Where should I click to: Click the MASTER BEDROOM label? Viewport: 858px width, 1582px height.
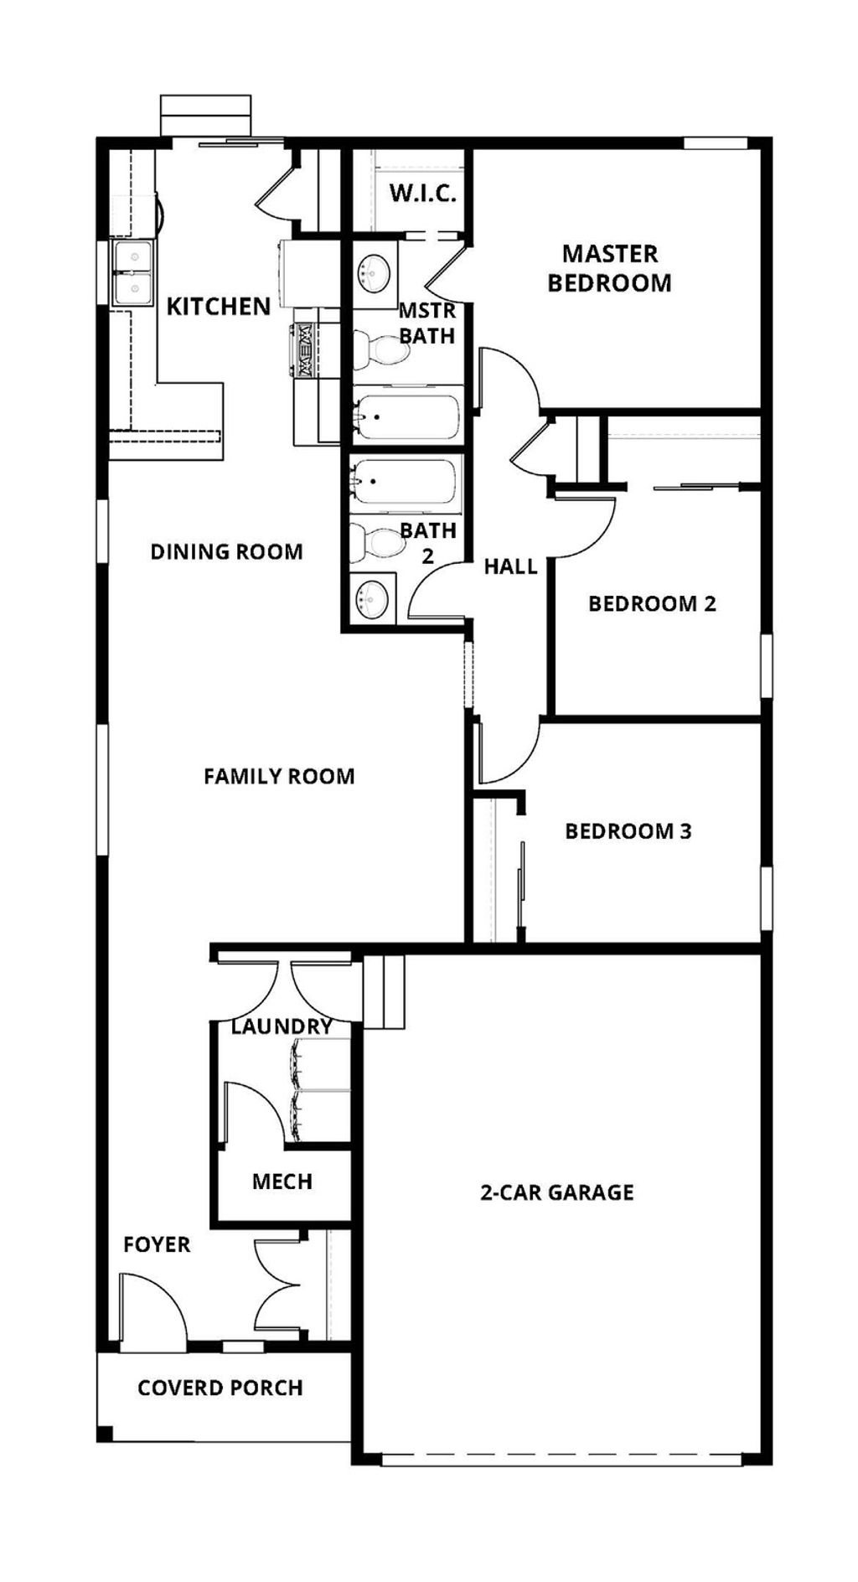[x=609, y=268]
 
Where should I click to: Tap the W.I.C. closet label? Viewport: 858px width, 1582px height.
[x=422, y=194]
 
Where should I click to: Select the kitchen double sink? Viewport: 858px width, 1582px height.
[x=132, y=272]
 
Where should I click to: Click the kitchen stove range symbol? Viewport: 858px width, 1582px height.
[x=304, y=351]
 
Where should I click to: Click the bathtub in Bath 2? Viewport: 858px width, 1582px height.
[x=406, y=483]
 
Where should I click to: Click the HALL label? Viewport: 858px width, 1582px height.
[x=510, y=566]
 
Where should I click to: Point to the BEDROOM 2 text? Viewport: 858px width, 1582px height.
[x=652, y=603]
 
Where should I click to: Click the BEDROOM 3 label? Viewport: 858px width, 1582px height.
[x=628, y=831]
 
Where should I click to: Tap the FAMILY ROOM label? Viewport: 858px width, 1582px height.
[x=279, y=776]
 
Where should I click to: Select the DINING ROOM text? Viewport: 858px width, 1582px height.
[x=226, y=551]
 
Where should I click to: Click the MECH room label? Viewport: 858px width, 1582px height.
[x=282, y=1181]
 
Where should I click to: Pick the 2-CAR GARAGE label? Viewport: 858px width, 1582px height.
[x=556, y=1192]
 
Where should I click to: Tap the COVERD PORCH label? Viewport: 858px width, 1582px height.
[x=220, y=1388]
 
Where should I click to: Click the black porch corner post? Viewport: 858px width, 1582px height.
[x=104, y=1434]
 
